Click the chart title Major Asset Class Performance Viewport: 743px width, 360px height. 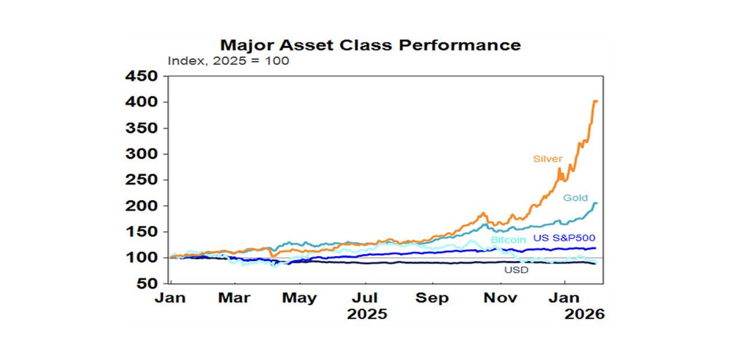point(370,45)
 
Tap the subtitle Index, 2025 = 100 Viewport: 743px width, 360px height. point(228,60)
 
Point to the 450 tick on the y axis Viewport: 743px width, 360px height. point(142,77)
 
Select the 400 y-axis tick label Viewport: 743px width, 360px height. point(142,103)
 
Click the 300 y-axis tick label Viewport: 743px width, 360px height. point(142,154)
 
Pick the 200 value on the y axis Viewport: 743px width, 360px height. point(142,206)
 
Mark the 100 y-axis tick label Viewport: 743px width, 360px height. point(142,258)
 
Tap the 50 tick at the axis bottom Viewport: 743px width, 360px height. point(147,284)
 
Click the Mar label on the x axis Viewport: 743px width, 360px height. point(235,298)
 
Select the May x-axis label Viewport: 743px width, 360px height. point(300,298)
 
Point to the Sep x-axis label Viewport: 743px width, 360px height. point(432,298)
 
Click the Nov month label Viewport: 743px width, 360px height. point(500,298)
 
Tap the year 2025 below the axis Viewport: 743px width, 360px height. point(367,314)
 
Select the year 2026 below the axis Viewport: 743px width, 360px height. point(584,314)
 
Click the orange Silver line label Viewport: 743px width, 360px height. point(548,159)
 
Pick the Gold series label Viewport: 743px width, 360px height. point(575,197)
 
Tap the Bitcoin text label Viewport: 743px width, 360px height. point(508,239)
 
